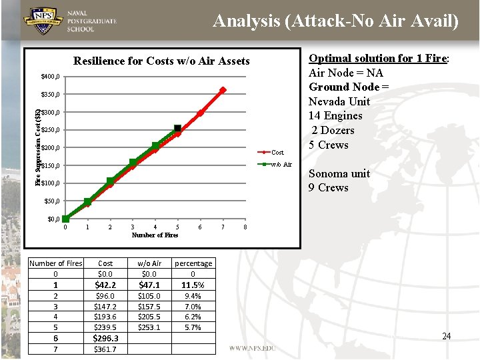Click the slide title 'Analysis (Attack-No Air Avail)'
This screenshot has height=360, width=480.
(x=335, y=21)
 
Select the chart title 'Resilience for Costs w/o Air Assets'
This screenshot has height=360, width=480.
(x=161, y=61)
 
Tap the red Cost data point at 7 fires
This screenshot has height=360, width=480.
(x=223, y=90)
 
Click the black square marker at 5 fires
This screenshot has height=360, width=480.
(x=177, y=129)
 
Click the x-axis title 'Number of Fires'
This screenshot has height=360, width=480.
(x=155, y=235)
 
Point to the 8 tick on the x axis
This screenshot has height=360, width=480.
(x=245, y=227)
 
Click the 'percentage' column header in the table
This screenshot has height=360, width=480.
(x=193, y=263)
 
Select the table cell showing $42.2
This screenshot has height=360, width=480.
(x=105, y=285)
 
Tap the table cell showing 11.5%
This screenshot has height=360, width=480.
(x=193, y=285)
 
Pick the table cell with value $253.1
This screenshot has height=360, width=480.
(x=149, y=327)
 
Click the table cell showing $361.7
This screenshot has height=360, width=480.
(x=105, y=349)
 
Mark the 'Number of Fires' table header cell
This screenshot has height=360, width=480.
(x=56, y=263)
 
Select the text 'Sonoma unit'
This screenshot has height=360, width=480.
(x=339, y=173)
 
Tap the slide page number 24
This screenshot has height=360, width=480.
(x=446, y=336)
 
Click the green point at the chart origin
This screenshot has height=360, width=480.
(x=65, y=219)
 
